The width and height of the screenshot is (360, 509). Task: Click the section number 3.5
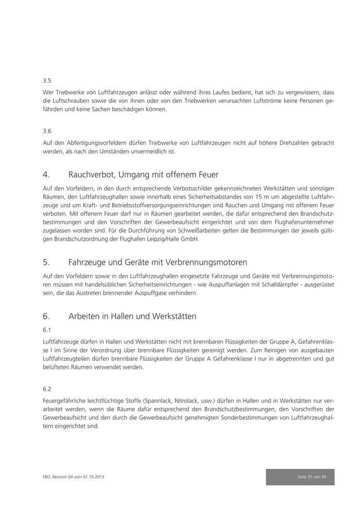(47, 81)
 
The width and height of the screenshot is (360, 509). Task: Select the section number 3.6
(47, 131)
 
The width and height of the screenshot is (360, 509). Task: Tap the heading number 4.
(46, 175)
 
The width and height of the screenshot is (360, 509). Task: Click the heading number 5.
(46, 262)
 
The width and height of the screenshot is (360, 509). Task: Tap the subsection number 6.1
(47, 329)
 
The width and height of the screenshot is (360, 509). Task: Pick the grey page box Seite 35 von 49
(300, 477)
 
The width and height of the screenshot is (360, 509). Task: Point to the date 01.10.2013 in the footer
(98, 477)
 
